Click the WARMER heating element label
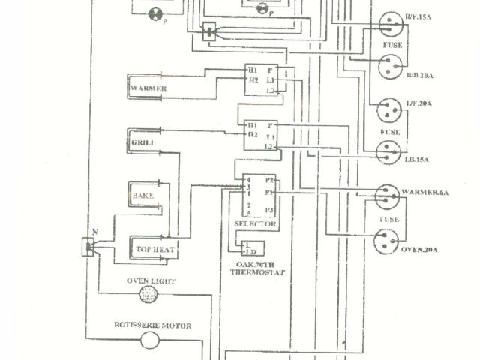point(148,88)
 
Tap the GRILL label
point(142,142)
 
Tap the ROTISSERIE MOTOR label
point(152,325)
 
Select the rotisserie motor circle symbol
point(151,341)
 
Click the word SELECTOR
point(256,224)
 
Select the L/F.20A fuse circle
point(390,110)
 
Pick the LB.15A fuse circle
point(390,153)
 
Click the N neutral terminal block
point(88,247)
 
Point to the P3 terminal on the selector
point(270,209)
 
